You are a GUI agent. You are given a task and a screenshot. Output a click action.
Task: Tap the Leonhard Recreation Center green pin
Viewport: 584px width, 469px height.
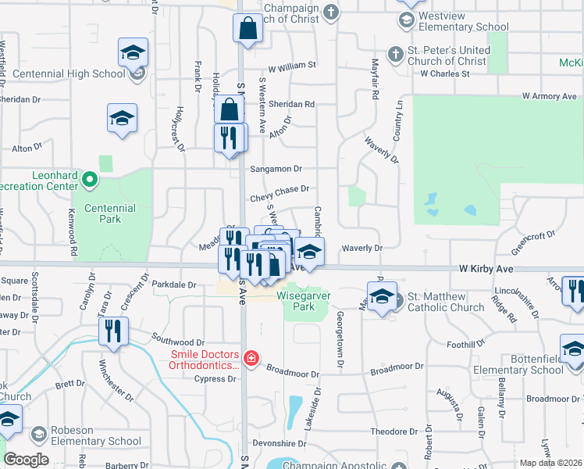[90, 181]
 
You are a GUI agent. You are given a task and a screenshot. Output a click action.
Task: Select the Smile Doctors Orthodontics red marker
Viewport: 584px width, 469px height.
[251, 359]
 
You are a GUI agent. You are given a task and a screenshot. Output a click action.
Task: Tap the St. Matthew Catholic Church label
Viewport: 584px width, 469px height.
[446, 302]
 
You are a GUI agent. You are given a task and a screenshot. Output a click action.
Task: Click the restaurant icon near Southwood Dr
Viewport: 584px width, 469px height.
[113, 331]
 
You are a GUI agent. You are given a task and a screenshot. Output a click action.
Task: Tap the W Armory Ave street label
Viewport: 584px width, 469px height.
[549, 96]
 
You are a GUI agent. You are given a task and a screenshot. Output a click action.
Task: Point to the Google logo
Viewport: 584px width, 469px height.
[26, 460]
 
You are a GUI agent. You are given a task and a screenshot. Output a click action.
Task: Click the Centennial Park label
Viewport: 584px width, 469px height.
[110, 214]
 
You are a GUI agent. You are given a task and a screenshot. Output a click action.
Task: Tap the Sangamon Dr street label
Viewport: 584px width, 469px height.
[275, 169]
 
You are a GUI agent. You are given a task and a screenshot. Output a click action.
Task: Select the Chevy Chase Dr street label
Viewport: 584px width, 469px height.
[280, 189]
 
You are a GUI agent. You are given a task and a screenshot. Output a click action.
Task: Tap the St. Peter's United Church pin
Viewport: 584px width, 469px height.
[397, 55]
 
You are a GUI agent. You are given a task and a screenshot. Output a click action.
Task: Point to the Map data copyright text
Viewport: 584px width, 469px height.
[550, 463]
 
